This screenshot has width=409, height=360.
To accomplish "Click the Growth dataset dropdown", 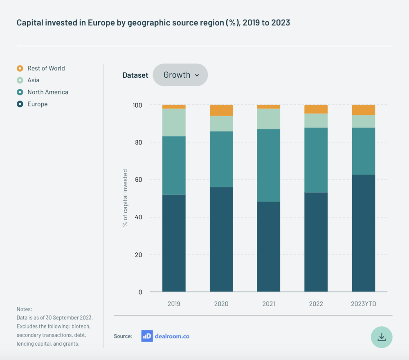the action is [180, 75].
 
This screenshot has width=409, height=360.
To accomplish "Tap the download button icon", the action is [381, 337].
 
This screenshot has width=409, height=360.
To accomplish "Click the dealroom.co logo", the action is [166, 336].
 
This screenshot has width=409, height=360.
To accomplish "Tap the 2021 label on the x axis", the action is [268, 304].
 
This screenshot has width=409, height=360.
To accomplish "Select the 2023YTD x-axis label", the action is [363, 304].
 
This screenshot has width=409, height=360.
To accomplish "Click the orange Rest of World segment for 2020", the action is [221, 110].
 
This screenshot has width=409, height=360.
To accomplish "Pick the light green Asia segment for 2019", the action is [174, 122].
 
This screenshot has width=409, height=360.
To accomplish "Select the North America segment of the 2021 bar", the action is [268, 165].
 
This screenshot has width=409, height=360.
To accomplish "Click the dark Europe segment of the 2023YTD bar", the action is [363, 233].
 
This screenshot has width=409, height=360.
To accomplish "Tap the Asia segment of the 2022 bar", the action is [316, 120].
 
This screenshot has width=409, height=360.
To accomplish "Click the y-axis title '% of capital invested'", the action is [126, 198].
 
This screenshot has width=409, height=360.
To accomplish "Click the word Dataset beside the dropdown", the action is [135, 75].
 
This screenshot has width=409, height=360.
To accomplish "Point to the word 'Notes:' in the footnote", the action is [24, 309].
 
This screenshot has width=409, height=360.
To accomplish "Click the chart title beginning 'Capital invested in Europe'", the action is [153, 22].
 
